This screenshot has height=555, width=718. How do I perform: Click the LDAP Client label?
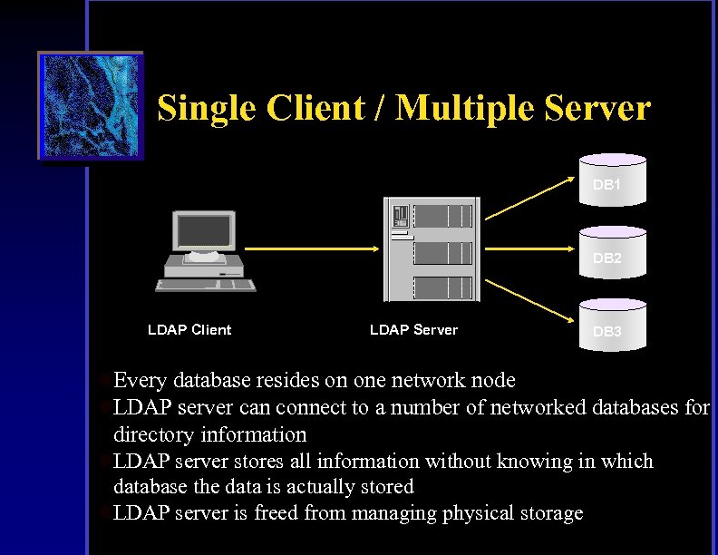tap(189, 330)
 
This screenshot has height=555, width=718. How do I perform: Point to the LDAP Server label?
tap(413, 330)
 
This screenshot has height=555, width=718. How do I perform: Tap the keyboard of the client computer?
tap(206, 285)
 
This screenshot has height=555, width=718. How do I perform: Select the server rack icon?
tap(431, 248)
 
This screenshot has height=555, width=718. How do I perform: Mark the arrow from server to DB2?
tap(535, 248)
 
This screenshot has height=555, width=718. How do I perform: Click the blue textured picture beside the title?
tap(91, 106)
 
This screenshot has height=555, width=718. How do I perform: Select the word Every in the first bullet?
tap(140, 381)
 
